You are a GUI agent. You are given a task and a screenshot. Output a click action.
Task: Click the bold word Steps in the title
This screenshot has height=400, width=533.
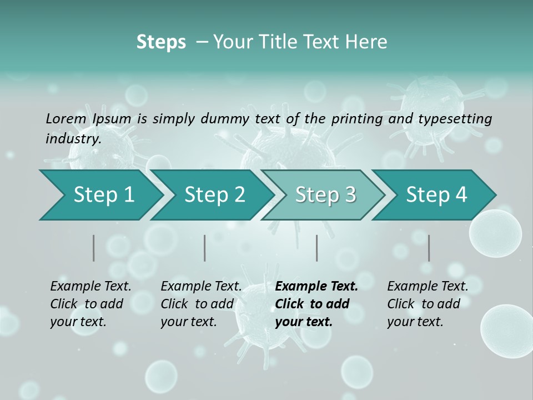(x=161, y=42)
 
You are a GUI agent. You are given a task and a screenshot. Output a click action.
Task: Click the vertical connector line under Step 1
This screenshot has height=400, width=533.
(x=94, y=248)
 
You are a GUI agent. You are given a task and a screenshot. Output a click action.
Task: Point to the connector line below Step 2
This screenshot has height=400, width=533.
(x=205, y=248)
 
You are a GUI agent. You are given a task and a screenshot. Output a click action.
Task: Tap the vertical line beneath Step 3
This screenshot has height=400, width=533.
(x=317, y=248)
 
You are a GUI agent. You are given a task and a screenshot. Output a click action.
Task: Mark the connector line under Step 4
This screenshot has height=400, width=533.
(x=429, y=248)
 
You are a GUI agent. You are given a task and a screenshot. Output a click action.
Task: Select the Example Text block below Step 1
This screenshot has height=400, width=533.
(x=90, y=304)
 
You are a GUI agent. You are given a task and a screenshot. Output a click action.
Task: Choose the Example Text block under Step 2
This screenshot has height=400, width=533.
(x=201, y=304)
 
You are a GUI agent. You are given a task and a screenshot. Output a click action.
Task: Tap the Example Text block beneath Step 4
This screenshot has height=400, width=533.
(x=428, y=304)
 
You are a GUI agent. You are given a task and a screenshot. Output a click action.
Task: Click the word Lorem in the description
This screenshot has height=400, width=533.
(x=66, y=118)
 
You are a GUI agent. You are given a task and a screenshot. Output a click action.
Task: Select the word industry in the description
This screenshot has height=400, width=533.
(x=73, y=138)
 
